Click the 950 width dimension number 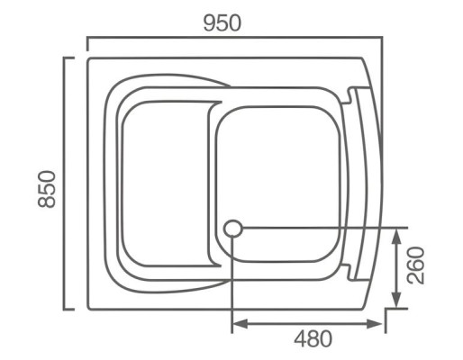[x=222, y=22]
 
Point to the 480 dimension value [x=313, y=339]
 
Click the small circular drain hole [x=232, y=229]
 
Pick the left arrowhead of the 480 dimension [x=238, y=323]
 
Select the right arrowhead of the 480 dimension [x=380, y=323]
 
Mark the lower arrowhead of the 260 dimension [x=397, y=303]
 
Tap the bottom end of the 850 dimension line [x=66, y=309]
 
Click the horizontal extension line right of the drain [x=324, y=229]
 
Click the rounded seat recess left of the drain [x=165, y=184]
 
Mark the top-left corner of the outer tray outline [x=88, y=59]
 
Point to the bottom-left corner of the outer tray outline [x=88, y=309]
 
